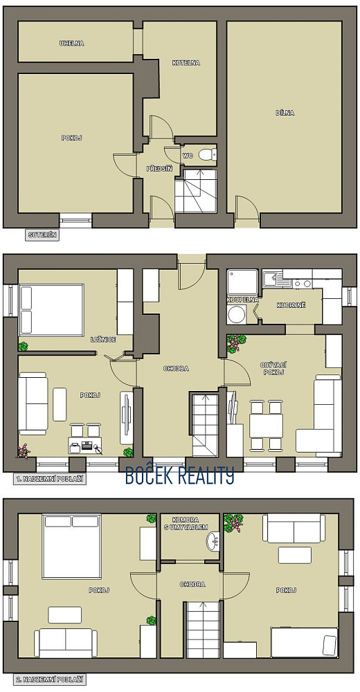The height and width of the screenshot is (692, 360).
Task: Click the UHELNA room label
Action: click(71, 43)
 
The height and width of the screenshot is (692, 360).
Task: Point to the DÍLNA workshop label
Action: click(285, 113)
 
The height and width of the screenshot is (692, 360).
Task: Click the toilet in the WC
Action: click(208, 154)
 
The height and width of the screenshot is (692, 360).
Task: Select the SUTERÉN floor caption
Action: click(42, 235)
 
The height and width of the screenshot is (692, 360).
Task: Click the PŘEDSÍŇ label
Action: click(159, 168)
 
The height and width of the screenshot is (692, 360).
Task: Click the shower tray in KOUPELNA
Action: click(242, 282)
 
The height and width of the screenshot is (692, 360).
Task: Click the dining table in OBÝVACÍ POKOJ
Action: click(266, 426)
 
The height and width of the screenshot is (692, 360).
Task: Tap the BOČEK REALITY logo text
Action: click(180, 476)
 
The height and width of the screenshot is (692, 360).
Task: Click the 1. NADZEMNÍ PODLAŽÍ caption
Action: click(49, 478)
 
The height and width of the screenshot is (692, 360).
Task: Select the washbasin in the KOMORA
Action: click(213, 540)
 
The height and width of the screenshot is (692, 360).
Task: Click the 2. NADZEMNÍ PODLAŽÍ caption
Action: click(49, 680)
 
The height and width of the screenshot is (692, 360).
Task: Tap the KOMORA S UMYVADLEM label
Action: click(190, 523)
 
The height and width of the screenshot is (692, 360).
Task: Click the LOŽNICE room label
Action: click(103, 339)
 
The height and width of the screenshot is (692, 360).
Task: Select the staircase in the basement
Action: click(196, 191)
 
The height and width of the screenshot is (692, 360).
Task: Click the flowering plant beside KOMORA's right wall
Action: click(234, 523)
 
